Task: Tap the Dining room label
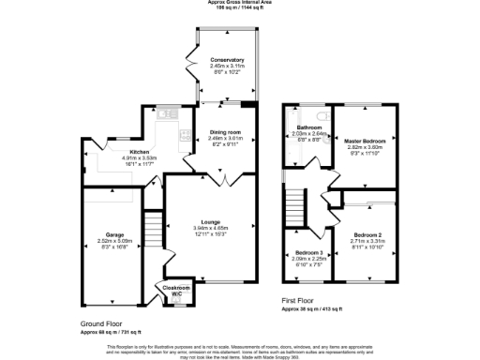(225, 132)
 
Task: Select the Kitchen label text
(139, 151)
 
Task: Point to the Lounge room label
(210, 221)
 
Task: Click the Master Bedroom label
(367, 141)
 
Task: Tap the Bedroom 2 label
(367, 233)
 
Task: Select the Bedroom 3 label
(308, 253)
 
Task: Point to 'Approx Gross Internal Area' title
(239, 4)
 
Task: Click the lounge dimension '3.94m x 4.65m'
(210, 228)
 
